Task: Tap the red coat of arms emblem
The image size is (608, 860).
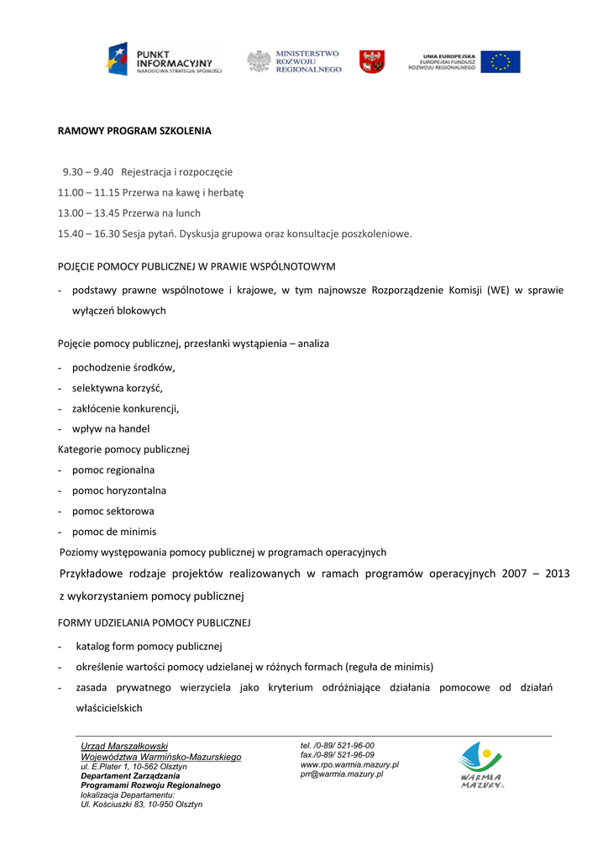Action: click(x=372, y=61)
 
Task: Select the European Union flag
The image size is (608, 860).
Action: click(x=500, y=61)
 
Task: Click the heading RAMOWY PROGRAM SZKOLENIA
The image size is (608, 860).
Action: click(x=134, y=131)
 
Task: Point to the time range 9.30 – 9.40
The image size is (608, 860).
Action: click(x=88, y=172)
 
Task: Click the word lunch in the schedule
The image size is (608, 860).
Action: click(x=187, y=213)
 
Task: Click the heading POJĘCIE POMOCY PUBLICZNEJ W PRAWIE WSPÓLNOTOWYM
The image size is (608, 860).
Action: click(x=197, y=267)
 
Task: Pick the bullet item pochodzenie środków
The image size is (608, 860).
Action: click(x=123, y=368)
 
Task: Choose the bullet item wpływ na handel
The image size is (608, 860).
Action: click(x=111, y=429)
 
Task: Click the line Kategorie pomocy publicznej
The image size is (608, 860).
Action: click(x=123, y=449)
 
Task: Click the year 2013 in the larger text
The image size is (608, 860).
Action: click(x=556, y=574)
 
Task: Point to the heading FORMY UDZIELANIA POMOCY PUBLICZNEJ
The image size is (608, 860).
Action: click(x=154, y=623)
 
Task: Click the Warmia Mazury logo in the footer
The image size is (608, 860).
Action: click(x=480, y=764)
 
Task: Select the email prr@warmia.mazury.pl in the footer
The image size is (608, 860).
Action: click(x=342, y=774)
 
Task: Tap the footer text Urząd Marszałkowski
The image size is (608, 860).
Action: click(x=124, y=746)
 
